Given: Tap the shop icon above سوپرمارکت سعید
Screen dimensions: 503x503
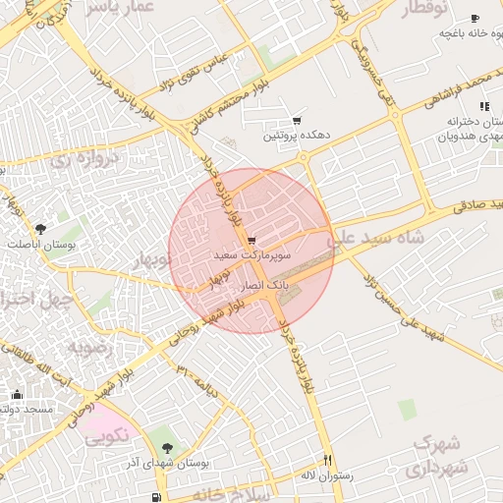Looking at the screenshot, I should click(x=252, y=240).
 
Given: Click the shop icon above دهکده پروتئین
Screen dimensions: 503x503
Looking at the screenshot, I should click(x=297, y=120).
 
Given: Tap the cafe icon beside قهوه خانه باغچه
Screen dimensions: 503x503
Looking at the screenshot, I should click(x=475, y=19).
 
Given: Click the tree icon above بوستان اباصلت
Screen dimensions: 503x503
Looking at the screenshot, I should click(x=39, y=229).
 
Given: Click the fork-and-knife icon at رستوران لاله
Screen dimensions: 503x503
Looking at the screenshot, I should click(x=328, y=460).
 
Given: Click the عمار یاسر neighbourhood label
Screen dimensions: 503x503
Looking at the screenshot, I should click(x=122, y=8).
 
